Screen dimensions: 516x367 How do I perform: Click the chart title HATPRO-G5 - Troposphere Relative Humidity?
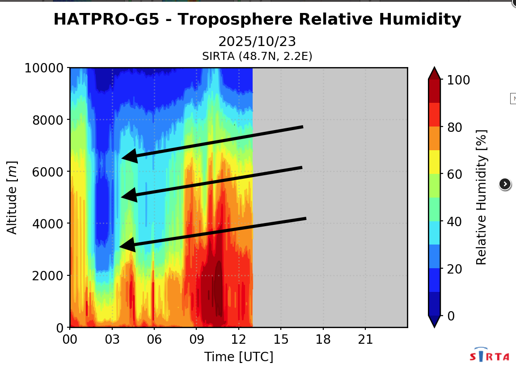pyautogui.click(x=258, y=19)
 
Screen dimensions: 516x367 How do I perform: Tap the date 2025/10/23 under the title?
pyautogui.click(x=257, y=42)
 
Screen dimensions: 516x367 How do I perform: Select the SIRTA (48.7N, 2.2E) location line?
pyautogui.click(x=257, y=56)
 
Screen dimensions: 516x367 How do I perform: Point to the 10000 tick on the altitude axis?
pyautogui.click(x=44, y=68)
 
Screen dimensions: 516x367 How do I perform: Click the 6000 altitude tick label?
pyautogui.click(x=48, y=172)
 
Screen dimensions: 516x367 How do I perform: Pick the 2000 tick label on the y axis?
pyautogui.click(x=48, y=275)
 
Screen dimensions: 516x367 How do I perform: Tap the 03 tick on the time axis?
pyautogui.click(x=112, y=339)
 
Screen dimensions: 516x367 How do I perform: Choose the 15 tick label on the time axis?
pyautogui.click(x=281, y=339)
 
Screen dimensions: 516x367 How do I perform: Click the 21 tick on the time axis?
pyautogui.click(x=365, y=339)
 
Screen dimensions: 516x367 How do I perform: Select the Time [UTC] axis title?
pyautogui.click(x=239, y=357)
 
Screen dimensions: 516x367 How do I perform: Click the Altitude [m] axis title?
pyautogui.click(x=12, y=198)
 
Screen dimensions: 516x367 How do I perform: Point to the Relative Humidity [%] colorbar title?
pyautogui.click(x=481, y=197)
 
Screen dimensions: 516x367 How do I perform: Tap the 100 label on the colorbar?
pyautogui.click(x=458, y=80)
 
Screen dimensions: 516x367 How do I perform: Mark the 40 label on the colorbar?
pyautogui.click(x=454, y=222)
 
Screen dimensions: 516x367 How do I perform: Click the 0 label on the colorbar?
pyautogui.click(x=451, y=316)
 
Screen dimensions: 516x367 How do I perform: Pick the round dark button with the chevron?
pyautogui.click(x=505, y=184)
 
